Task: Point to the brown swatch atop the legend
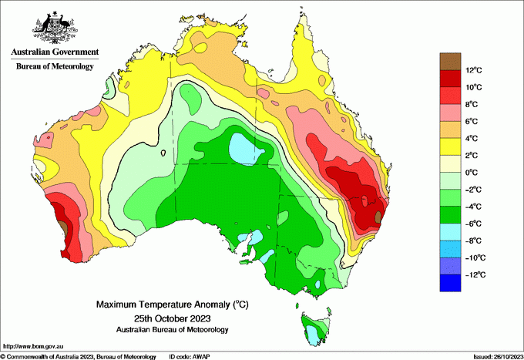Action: coord(450,61)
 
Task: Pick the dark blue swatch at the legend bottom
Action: coord(450,283)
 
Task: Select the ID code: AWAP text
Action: coord(190,356)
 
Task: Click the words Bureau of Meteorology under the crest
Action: coord(55,67)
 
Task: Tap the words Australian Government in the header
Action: coord(55,52)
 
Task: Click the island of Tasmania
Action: coord(314,328)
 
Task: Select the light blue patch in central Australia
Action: coord(245,149)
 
